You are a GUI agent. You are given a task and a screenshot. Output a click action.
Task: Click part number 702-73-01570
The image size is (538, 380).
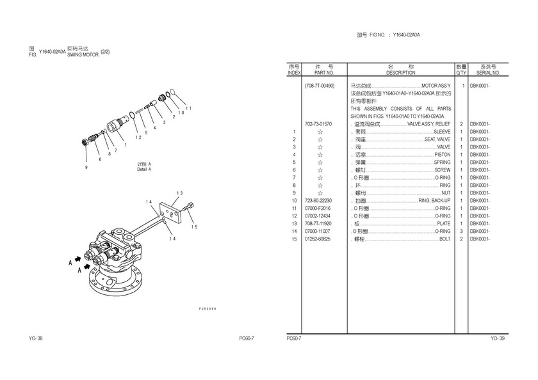click(x=318, y=123)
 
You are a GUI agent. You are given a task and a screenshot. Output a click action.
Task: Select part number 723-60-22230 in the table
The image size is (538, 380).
click(x=318, y=200)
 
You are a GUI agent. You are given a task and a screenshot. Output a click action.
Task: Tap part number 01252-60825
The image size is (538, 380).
click(x=318, y=239)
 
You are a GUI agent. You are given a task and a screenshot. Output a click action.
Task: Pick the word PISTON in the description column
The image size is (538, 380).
click(x=442, y=154)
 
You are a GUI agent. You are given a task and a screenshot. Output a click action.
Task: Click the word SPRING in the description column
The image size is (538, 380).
click(x=442, y=162)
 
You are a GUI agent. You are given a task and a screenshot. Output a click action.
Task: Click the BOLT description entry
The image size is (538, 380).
click(x=444, y=239)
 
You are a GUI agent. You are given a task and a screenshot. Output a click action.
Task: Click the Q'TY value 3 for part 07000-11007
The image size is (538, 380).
click(x=461, y=231)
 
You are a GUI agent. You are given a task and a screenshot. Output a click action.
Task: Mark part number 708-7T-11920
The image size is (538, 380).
click(x=318, y=223)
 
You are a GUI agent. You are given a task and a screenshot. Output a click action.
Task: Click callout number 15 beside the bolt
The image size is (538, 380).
click(x=194, y=227)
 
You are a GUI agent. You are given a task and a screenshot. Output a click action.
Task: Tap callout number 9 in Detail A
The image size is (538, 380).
click(x=86, y=167)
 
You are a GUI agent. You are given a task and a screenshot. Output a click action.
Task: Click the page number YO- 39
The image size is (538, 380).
click(x=497, y=338)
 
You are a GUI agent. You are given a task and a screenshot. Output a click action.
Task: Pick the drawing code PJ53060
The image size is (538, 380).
click(x=208, y=309)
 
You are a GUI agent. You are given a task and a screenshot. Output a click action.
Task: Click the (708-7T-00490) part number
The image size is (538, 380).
click(x=320, y=85)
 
